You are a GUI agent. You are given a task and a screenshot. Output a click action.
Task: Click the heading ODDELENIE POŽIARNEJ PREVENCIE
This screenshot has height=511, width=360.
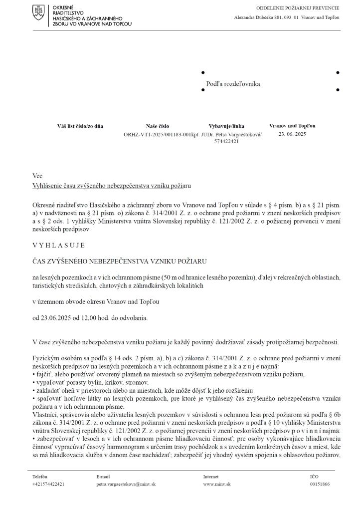[298, 8]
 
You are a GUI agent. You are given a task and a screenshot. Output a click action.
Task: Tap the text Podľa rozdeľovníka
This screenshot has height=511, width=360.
[233, 84]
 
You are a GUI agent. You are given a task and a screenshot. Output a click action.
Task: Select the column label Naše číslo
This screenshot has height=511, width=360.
[157, 126]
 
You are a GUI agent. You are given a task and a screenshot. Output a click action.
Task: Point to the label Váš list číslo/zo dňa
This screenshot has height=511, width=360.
[80, 126]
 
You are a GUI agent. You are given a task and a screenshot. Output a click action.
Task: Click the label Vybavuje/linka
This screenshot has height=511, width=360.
[226, 126]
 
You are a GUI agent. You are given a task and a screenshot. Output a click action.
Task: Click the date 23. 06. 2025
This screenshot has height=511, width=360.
[292, 134]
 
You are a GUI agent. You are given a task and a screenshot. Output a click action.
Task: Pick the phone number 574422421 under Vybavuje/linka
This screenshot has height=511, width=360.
[227, 141]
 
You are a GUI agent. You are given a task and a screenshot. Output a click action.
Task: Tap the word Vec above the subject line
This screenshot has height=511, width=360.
[37, 176]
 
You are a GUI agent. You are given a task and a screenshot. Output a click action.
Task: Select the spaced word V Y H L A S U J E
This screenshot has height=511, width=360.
[58, 245]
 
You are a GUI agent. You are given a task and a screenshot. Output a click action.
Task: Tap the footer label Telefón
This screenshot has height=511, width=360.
[40, 477]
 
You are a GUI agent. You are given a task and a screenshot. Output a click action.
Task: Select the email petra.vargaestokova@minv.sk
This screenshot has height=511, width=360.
[126, 484]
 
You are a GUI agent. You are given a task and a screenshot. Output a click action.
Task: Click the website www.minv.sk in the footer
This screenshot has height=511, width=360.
[216, 484]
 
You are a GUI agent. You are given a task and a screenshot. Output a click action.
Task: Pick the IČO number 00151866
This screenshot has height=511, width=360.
[320, 484]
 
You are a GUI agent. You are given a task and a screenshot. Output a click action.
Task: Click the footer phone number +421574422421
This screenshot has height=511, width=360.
[48, 484]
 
